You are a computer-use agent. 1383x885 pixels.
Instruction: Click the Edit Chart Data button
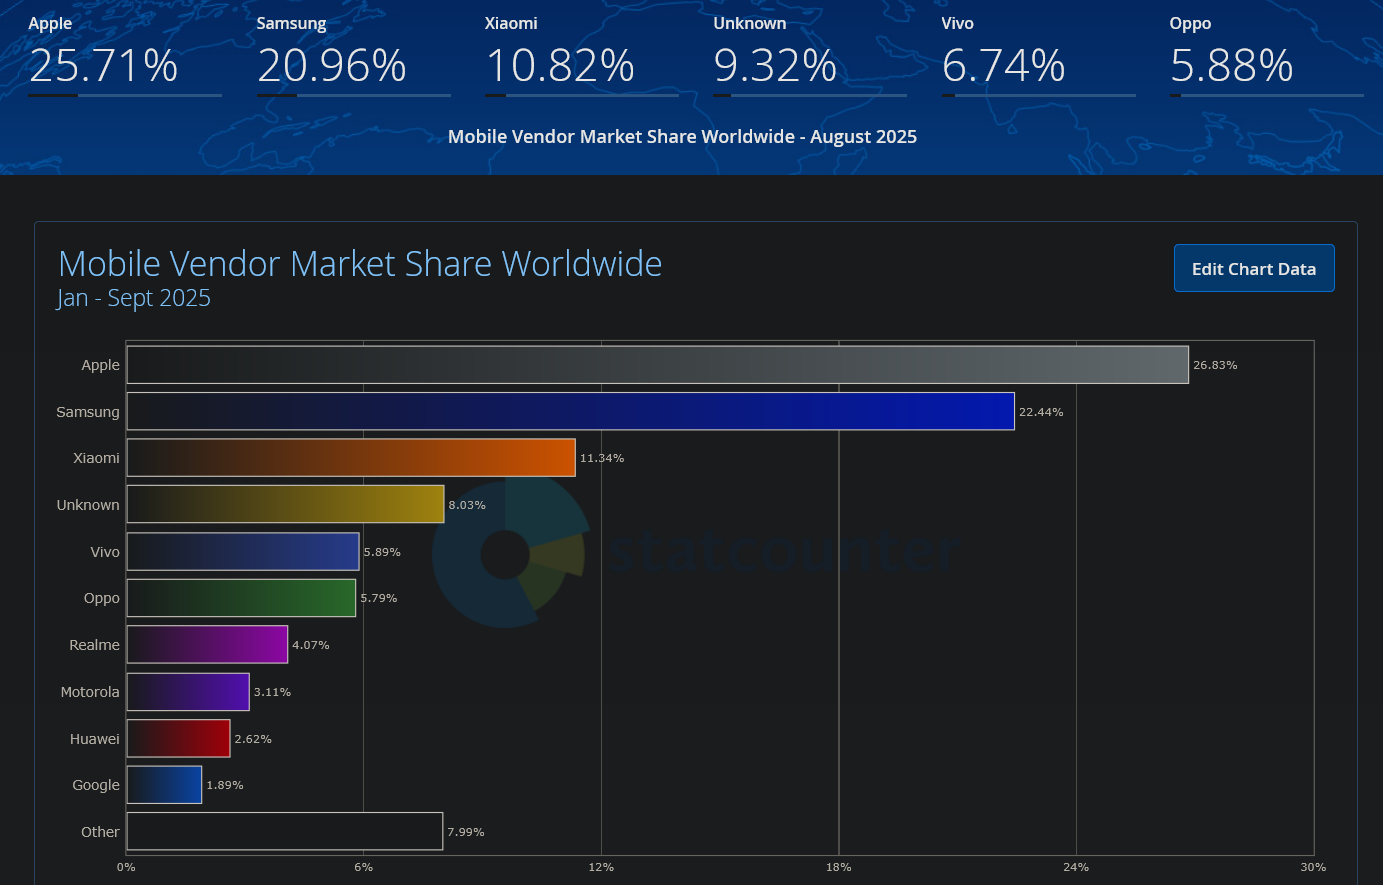pos(1254,268)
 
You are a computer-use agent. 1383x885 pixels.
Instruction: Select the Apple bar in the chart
pos(657,365)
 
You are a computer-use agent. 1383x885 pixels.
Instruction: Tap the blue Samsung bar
pos(570,411)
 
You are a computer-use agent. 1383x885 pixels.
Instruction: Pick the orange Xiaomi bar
pos(351,458)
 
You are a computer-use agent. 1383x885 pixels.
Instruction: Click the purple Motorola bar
pos(188,692)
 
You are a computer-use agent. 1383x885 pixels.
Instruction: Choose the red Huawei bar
pos(178,739)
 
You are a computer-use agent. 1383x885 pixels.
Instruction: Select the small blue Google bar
pos(164,785)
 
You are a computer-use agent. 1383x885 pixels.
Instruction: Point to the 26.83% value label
pos(1215,365)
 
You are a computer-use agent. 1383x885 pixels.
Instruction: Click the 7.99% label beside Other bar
pos(466,832)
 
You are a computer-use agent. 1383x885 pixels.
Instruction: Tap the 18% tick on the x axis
pos(838,867)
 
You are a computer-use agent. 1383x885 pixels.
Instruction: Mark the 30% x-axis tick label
pos(1313,867)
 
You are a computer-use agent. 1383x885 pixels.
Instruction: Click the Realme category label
pos(94,645)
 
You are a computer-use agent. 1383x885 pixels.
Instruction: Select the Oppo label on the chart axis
pos(101,598)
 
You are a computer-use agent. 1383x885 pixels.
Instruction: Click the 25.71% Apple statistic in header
pos(103,66)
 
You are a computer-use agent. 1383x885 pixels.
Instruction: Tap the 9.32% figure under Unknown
pos(775,66)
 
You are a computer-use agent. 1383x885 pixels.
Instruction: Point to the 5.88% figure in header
pos(1231,66)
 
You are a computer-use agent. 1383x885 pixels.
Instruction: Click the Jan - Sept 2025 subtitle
pos(134,298)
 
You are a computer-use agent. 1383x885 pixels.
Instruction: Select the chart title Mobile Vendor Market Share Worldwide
pos(360,264)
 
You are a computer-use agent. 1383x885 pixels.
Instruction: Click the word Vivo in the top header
pos(957,23)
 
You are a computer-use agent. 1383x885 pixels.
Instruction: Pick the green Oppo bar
pos(241,598)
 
